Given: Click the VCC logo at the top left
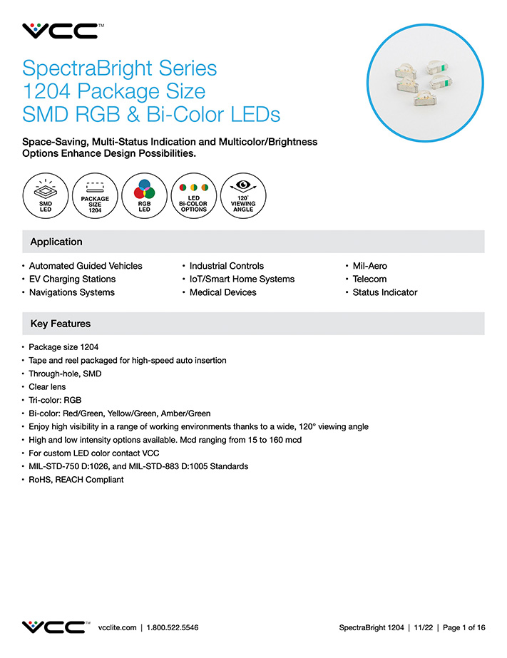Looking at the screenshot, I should (60, 31).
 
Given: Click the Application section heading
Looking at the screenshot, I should (56, 242).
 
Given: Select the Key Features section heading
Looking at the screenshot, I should (61, 324).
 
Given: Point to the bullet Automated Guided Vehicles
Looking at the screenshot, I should (86, 266).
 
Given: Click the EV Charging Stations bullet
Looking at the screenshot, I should (72, 279).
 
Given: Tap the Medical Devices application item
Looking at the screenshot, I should (223, 292).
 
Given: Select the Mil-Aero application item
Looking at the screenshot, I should (370, 266).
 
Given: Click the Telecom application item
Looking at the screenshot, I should (369, 279).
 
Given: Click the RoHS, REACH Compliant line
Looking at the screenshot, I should (76, 480).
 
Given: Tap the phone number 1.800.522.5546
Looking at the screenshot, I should (173, 627).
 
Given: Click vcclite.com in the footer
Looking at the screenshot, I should (117, 627).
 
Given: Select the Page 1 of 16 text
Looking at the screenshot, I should (464, 627).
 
